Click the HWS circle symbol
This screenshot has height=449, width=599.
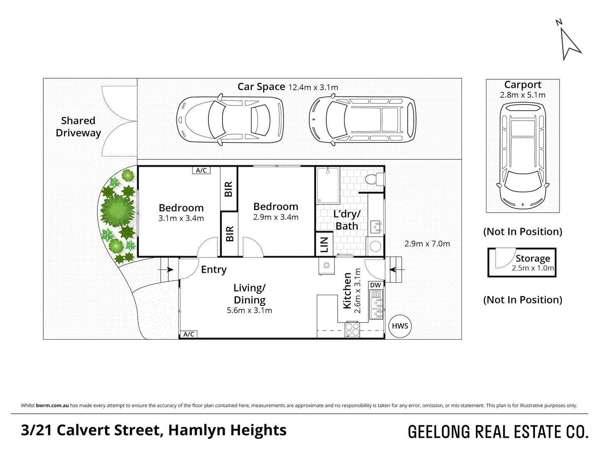coord(400,326)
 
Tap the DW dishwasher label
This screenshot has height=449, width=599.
coord(375,285)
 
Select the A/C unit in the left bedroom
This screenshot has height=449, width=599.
coord(201,170)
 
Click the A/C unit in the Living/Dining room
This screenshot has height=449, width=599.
coord(188,334)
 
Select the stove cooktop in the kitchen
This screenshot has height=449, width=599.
coord(352,330)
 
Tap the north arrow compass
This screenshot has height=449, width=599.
coord(569,42)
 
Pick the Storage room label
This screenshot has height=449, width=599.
coord(532,258)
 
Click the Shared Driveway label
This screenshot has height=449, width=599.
coord(78,127)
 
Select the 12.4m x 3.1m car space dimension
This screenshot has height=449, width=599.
coord(313,87)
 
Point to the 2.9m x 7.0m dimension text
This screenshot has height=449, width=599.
coord(427,244)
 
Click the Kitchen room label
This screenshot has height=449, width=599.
coord(347,291)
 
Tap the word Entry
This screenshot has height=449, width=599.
coord(213,269)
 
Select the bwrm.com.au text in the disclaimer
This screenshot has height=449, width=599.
coord(52,405)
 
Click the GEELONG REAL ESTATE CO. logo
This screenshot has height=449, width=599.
coord(498,432)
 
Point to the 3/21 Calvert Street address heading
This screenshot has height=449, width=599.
coord(153,430)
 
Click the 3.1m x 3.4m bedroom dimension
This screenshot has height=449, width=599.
coord(181,218)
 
